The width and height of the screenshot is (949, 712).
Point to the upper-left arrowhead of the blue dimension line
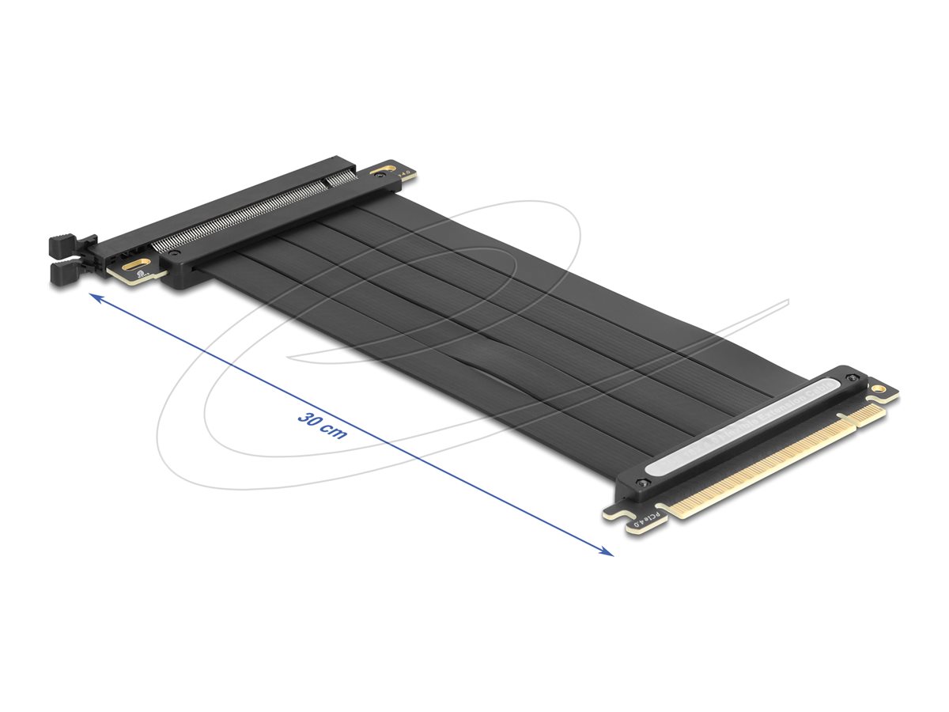pyautogui.click(x=94, y=297)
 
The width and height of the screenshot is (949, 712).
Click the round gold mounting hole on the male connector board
pyautogui.click(x=878, y=389)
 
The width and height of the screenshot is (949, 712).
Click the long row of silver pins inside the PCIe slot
pyautogui.click(x=237, y=216)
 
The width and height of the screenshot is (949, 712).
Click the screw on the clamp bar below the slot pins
pyautogui.click(x=175, y=255)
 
